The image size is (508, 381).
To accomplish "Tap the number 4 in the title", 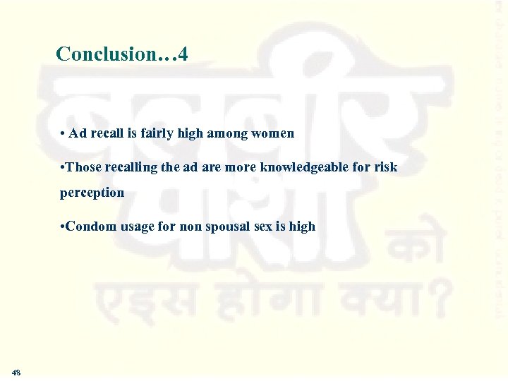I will tap(183, 54).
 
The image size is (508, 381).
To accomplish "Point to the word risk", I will tap(386, 167).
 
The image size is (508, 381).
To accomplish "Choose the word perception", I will tap(92, 192).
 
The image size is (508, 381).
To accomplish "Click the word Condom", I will tap(88, 226).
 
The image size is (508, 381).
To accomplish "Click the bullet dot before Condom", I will tap(63, 227).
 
